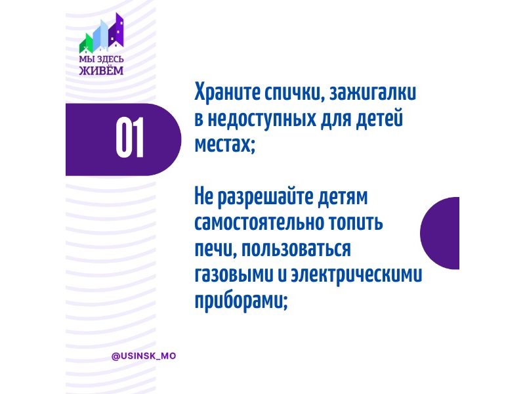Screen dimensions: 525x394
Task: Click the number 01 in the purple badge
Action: pyautogui.click(x=130, y=137)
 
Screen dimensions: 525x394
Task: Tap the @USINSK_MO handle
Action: pyautogui.click(x=144, y=356)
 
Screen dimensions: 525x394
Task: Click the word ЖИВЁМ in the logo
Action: pyautogui.click(x=101, y=70)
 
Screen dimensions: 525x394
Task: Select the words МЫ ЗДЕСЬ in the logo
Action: pyautogui.click(x=101, y=59)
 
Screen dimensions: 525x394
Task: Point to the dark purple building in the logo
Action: pyautogui.click(x=116, y=30)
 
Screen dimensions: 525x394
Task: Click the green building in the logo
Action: pyautogui.click(x=86, y=43)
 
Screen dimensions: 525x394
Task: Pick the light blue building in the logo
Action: pyautogui.click(x=100, y=35)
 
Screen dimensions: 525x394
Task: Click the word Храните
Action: pyautogui.click(x=227, y=92)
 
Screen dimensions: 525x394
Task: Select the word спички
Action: pyautogui.click(x=294, y=93)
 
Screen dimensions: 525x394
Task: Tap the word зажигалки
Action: pyautogui.click(x=373, y=93)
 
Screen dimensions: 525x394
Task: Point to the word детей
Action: pyautogui.click(x=379, y=119)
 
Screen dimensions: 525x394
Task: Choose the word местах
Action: pyautogui.click(x=224, y=145)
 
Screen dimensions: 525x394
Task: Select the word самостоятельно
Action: pyautogui.click(x=259, y=223)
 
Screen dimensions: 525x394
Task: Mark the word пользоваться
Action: pyautogui.click(x=297, y=250)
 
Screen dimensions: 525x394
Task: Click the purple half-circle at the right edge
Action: pyautogui.click(x=440, y=233)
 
